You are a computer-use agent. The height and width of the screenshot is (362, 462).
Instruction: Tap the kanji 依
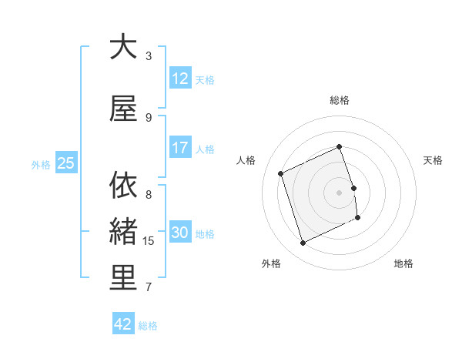tap(123, 185)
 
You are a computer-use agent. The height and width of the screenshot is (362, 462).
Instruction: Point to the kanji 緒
tap(123, 231)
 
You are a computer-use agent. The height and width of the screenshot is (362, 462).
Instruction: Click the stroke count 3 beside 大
tap(149, 56)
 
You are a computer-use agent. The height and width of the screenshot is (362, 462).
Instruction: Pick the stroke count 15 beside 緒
tap(149, 241)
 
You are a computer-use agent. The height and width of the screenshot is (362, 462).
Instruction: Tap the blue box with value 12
tap(179, 79)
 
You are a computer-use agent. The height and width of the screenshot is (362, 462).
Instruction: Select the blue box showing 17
tap(179, 148)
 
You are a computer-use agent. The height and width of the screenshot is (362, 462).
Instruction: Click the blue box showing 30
tap(179, 233)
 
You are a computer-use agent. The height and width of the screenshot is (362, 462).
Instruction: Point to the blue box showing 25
tap(65, 163)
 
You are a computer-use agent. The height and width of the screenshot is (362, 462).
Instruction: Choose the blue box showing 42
tap(123, 324)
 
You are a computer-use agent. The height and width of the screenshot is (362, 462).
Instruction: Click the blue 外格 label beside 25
tap(41, 164)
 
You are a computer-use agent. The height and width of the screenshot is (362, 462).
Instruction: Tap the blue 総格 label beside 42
tap(148, 326)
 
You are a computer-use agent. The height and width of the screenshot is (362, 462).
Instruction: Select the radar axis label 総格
tap(339, 100)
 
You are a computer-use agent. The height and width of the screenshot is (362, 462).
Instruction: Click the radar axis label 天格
tap(433, 160)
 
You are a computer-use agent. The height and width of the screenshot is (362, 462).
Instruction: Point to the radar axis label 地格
tap(403, 263)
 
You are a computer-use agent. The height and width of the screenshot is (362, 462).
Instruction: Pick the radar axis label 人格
tap(246, 160)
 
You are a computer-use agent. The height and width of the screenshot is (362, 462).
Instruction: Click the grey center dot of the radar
tap(339, 192)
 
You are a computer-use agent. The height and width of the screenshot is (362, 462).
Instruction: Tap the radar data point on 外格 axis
tap(303, 243)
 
